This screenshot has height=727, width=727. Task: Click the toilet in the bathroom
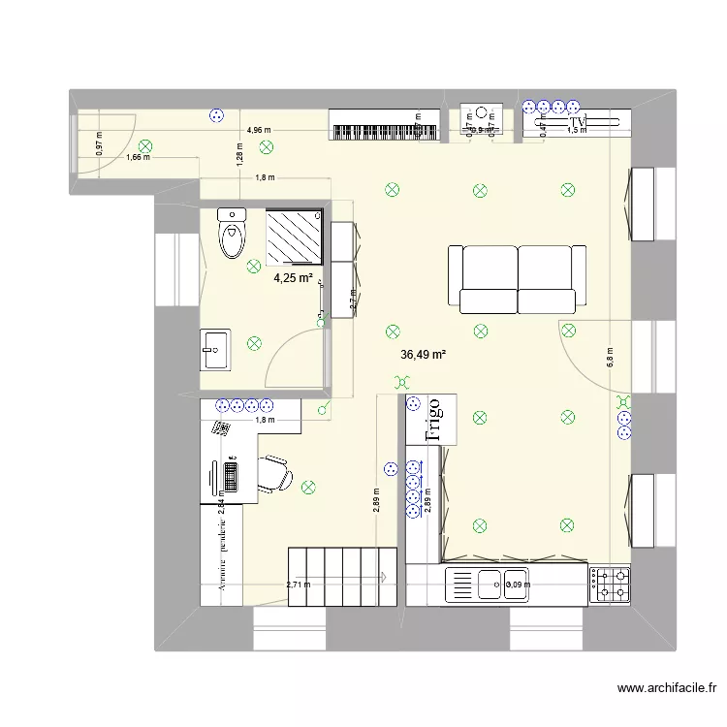pos(233,234)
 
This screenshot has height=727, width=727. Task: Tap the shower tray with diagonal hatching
pos(296,236)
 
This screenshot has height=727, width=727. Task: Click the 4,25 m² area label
pos(293,278)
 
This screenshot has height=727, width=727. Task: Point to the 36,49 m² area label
pos(423,355)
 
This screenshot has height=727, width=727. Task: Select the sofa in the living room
pos(517,278)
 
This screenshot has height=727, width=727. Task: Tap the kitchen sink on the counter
pos(487,585)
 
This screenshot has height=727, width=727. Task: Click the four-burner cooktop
pos(613,584)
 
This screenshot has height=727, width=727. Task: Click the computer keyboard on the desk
pos(231,476)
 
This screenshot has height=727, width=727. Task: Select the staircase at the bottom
pos(342,576)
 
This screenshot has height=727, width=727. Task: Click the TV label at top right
pos(579,122)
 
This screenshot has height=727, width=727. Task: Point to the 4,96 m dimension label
pos(259,129)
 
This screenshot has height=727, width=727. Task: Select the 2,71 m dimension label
pos(299,585)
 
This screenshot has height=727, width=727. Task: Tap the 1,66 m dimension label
pos(138,157)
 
